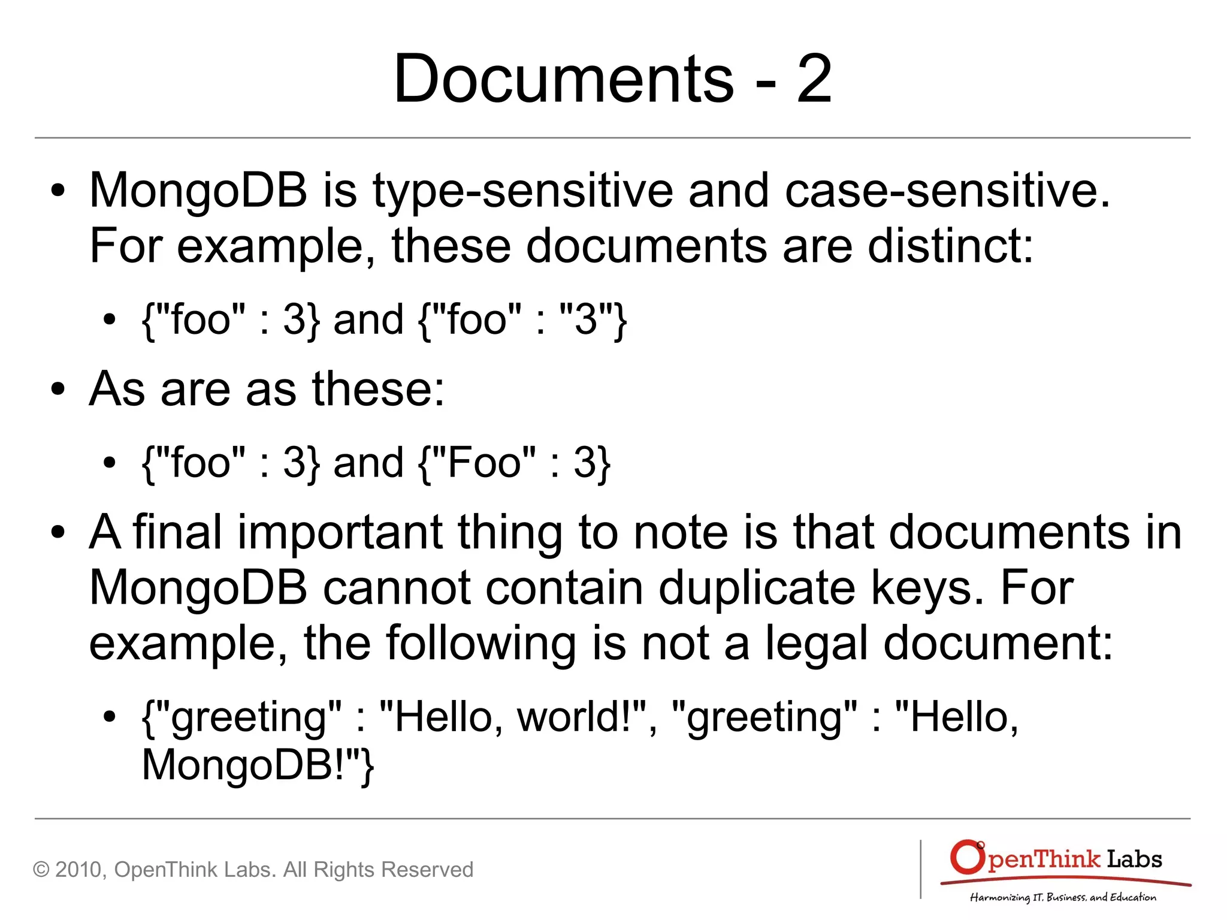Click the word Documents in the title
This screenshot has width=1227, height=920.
[563, 79]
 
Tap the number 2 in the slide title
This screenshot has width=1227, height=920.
[814, 79]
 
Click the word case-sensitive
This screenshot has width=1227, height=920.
[947, 191]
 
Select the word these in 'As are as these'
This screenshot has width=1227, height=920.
[377, 388]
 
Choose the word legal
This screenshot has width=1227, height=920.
[817, 643]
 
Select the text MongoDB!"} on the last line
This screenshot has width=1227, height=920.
[258, 765]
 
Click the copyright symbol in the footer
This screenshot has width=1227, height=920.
[41, 870]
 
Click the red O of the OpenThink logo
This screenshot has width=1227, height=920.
[966, 857]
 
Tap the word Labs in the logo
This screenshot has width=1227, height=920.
[1134, 859]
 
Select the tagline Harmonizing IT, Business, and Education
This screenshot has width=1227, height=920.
[1063, 897]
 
